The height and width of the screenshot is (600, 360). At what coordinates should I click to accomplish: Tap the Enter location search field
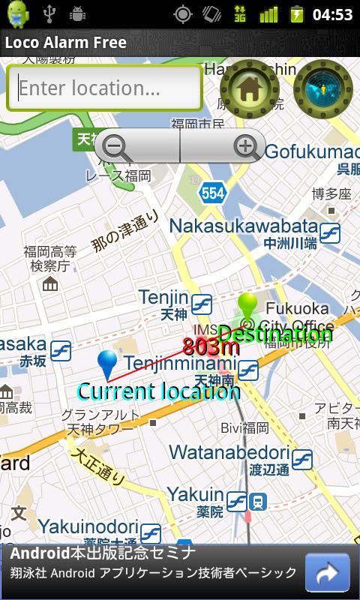[104, 88]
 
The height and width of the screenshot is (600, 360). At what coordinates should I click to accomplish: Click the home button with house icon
[249, 89]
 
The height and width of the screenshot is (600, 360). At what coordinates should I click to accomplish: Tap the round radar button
[322, 89]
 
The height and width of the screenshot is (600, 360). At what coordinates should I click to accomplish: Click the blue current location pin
[108, 364]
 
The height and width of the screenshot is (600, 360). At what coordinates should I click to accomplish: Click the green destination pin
[247, 307]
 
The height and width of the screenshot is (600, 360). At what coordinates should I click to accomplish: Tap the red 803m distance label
[211, 346]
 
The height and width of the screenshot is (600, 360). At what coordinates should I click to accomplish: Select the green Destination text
[275, 334]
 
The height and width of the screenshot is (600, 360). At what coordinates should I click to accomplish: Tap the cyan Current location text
[158, 391]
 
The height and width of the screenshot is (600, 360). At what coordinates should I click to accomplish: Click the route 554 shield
[212, 193]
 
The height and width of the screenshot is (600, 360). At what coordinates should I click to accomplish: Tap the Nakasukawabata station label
[243, 226]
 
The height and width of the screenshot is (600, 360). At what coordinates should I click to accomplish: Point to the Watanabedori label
[229, 452]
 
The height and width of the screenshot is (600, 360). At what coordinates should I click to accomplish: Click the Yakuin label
[195, 494]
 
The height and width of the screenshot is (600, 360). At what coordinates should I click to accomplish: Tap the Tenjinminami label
[180, 364]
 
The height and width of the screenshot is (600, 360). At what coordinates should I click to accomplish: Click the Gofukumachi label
[311, 151]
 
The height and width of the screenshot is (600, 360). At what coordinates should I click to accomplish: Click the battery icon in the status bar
[297, 14]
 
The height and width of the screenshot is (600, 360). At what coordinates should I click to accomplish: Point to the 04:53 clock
[332, 14]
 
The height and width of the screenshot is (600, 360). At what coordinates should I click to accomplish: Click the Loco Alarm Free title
[66, 42]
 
